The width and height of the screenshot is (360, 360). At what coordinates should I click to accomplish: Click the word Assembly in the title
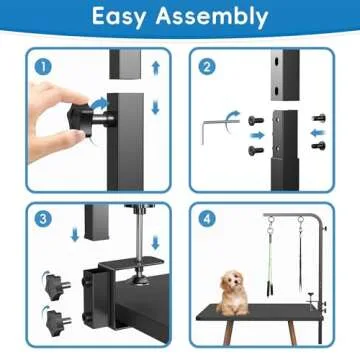pyautogui.click(x=215, y=18)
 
